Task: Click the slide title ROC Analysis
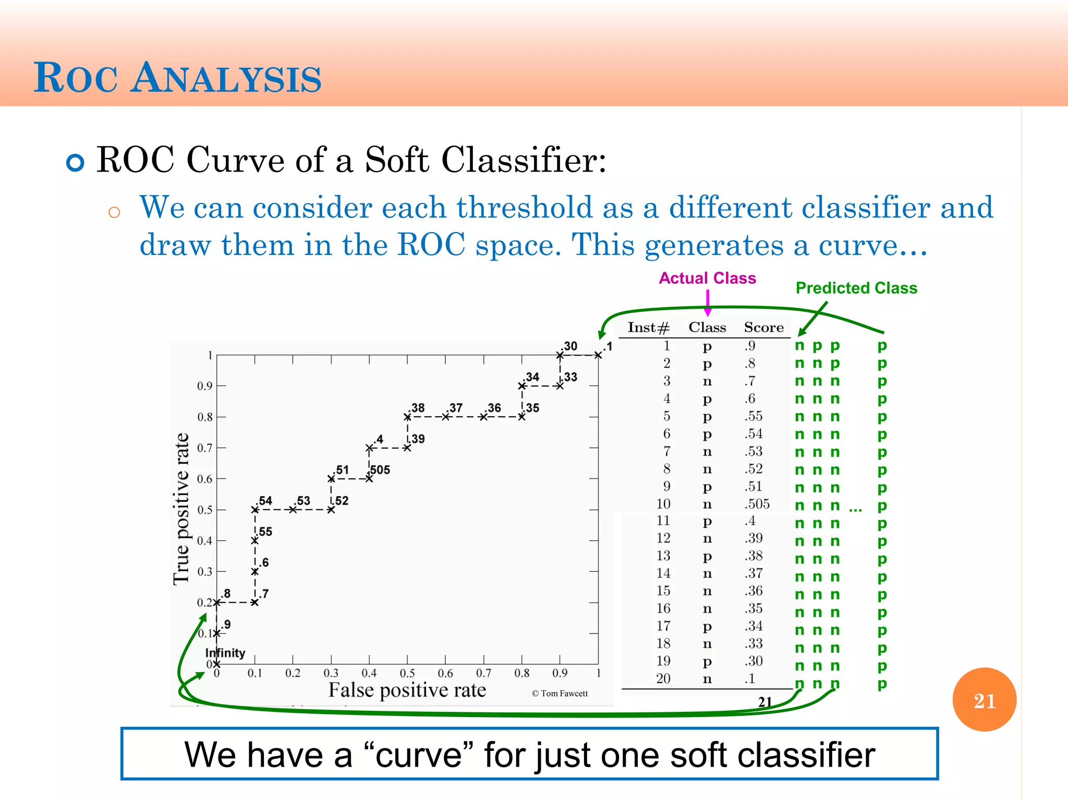pos(177,78)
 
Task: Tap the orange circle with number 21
pos(984,700)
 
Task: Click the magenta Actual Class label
pos(707,278)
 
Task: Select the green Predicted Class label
pos(856,288)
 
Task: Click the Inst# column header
pos(648,327)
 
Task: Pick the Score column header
pos(763,327)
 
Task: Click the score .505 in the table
pos(757,504)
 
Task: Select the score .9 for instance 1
pos(750,346)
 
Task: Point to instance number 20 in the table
pos(663,678)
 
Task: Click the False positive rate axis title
pos(407,690)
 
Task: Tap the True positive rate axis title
pos(181,509)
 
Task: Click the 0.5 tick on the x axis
pos(407,673)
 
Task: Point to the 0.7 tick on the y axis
pos(204,448)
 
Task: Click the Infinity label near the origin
pos(225,653)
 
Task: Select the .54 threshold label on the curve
pos(265,501)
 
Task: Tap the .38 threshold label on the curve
pos(417,408)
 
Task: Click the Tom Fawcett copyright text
pos(560,694)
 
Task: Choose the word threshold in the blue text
pos(525,208)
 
